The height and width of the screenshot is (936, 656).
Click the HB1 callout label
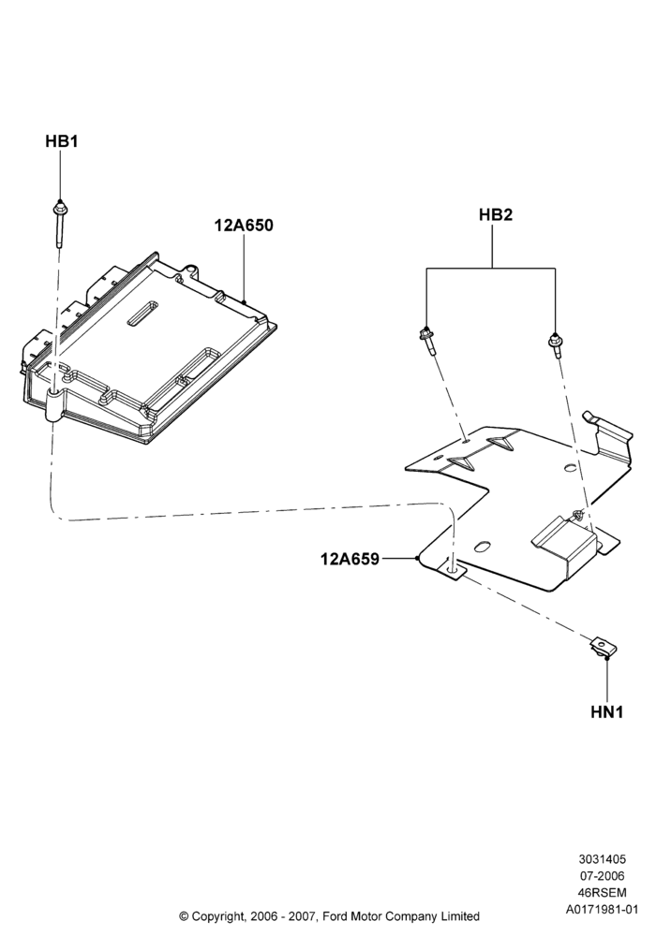point(62,141)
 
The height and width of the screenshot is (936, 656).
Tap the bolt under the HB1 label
point(60,224)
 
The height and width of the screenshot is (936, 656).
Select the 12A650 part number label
point(244,226)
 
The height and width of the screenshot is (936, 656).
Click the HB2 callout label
point(496,215)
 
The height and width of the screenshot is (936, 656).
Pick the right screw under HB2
point(555,346)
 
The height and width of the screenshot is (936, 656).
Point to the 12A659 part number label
point(350,560)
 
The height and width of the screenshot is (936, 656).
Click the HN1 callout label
point(607,712)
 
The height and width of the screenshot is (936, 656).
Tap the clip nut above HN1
point(604,647)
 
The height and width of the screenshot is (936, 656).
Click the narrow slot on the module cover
point(144,314)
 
